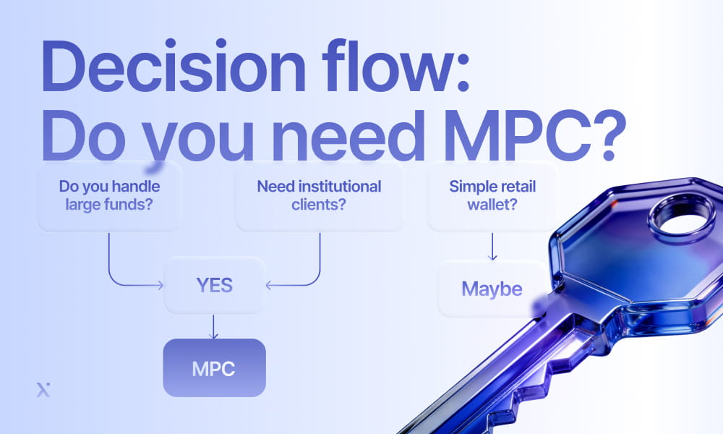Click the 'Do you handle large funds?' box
tap(109, 195)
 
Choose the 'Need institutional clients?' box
tap(319, 195)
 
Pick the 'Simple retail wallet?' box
tap(492, 195)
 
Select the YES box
tap(214, 285)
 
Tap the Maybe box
tap(492, 289)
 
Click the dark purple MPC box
tap(214, 367)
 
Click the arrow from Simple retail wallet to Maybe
tap(492, 247)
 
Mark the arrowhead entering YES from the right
tap(269, 286)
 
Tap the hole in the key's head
tap(677, 220)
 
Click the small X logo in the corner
tap(43, 391)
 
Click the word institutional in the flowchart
tap(339, 187)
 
